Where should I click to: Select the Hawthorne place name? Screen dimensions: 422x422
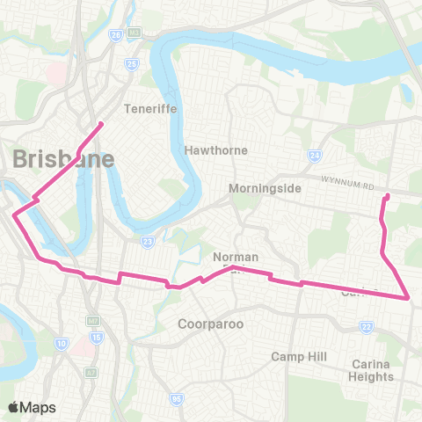click(x=216, y=150)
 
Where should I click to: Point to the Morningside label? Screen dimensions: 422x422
click(x=265, y=189)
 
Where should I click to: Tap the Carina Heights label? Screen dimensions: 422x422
click(x=370, y=370)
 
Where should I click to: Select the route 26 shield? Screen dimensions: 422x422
click(x=115, y=35)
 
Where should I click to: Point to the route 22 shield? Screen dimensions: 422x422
click(x=367, y=326)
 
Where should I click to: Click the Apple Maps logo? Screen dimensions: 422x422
click(x=33, y=406)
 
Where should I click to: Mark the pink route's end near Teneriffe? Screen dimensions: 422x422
click(x=101, y=123)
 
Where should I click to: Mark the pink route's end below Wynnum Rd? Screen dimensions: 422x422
click(x=388, y=195)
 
